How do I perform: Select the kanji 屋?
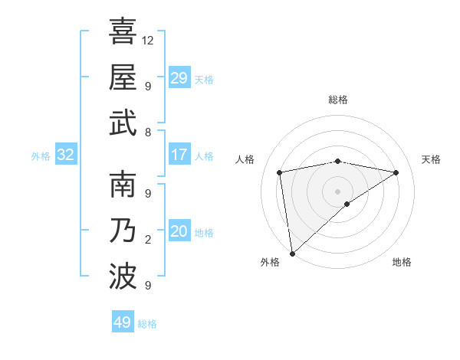[123, 77]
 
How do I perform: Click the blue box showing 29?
[179, 78]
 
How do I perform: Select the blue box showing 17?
[179, 155]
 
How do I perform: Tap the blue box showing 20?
[179, 231]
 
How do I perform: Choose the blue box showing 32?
[65, 155]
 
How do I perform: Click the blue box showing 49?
[122, 322]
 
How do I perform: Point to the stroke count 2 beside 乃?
[148, 240]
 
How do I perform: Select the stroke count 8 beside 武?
[148, 133]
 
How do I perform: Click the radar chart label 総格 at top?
[337, 100]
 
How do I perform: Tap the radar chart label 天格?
[431, 159]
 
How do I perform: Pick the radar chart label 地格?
[402, 262]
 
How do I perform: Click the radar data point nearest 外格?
[292, 253]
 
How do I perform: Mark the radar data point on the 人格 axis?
[280, 172]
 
